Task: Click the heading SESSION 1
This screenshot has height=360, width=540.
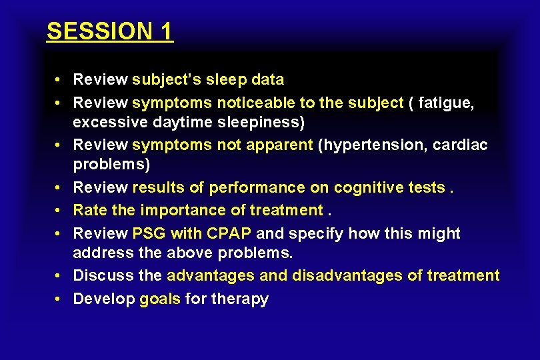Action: coord(110,31)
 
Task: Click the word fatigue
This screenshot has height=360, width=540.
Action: coord(446,103)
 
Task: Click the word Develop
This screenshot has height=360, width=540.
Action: coord(103,298)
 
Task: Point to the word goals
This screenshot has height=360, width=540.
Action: coord(160,298)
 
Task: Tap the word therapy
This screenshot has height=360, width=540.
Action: coord(239,298)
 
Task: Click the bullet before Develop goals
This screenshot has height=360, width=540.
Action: coord(59,298)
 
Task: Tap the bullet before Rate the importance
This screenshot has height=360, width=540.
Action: coord(59,210)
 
